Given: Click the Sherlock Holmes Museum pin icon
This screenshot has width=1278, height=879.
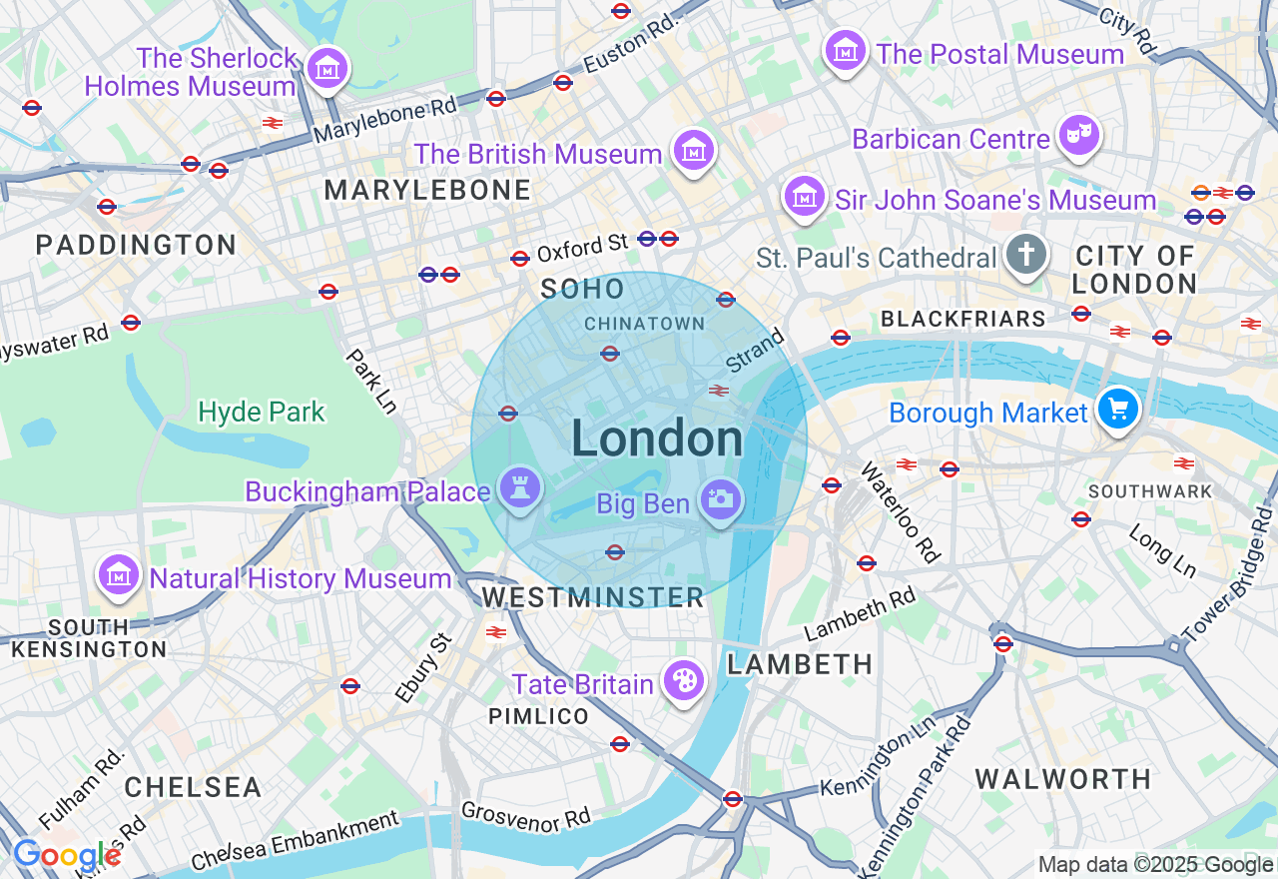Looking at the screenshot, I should click(327, 69).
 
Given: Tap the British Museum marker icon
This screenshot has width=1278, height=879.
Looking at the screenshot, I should click(694, 151).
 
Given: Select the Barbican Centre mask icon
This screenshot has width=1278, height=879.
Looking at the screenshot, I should click(1078, 137).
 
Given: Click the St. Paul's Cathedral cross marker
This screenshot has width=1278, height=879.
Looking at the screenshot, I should click(1025, 255).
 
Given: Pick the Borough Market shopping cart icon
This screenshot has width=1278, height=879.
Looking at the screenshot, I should click(1118, 409).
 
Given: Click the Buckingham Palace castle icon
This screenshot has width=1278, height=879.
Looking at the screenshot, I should click(519, 488).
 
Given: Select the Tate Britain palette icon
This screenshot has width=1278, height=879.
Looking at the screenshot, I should click(684, 681).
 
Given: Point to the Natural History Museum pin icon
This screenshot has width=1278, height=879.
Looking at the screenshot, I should click(119, 575).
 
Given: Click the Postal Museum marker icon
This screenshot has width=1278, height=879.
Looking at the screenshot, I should click(846, 50).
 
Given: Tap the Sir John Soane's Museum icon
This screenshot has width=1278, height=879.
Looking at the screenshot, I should click(804, 197).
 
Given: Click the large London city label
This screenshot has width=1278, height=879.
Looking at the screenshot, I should click(657, 439).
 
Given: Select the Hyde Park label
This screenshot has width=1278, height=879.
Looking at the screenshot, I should click(262, 412).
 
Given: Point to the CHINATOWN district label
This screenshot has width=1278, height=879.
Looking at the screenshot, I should click(645, 324).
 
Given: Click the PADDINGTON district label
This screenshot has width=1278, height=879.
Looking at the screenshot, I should click(137, 245).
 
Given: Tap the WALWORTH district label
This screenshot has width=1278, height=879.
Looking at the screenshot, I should click(1063, 779).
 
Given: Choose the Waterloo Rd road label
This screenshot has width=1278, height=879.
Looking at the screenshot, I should click(901, 511).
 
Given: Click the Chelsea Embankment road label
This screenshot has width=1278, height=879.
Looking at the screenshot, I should click(296, 841).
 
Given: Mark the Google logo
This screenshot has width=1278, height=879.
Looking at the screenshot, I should click(66, 856).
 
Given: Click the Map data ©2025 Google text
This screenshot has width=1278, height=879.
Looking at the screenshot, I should click(1155, 865).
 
